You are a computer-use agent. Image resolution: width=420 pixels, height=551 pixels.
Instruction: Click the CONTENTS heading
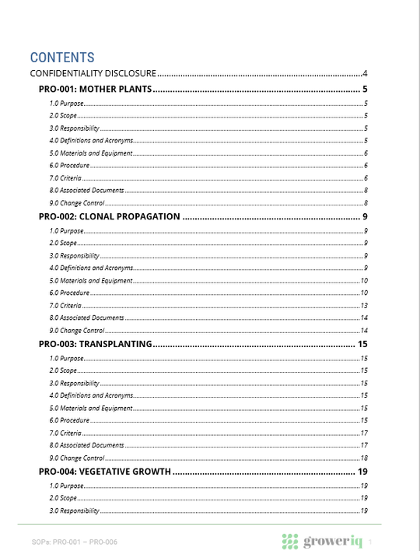(x=62, y=58)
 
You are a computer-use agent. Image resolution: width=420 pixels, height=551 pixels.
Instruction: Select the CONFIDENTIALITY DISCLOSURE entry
(x=93, y=74)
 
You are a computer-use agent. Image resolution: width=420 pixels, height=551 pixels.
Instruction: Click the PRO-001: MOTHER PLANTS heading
(x=94, y=89)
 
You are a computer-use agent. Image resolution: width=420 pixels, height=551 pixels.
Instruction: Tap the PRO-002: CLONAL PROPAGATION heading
(x=109, y=216)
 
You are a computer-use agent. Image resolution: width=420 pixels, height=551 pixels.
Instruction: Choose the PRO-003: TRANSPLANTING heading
(x=94, y=344)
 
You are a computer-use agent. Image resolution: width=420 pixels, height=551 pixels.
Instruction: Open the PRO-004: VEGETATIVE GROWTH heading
(x=104, y=472)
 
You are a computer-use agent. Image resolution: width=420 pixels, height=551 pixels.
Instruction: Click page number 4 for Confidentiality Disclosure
(x=365, y=74)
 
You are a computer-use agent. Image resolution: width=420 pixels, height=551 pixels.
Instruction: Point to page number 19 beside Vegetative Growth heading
(x=362, y=472)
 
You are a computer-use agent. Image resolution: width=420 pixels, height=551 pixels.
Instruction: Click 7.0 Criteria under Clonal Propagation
(x=65, y=306)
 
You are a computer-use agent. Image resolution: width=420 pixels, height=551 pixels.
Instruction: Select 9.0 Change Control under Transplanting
(x=77, y=458)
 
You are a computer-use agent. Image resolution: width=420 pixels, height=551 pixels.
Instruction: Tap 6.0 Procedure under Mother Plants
(x=69, y=166)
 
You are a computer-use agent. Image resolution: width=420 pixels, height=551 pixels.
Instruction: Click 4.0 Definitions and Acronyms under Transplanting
(x=91, y=395)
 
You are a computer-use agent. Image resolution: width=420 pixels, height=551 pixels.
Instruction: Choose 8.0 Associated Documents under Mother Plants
(x=86, y=191)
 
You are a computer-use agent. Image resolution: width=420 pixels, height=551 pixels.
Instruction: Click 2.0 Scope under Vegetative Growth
(x=63, y=497)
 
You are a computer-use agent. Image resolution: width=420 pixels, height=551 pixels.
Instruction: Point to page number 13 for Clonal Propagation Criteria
(x=363, y=306)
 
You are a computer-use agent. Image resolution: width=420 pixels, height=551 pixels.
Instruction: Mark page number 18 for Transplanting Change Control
(x=363, y=458)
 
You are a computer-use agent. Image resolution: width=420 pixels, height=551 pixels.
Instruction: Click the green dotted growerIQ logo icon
(x=290, y=542)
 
